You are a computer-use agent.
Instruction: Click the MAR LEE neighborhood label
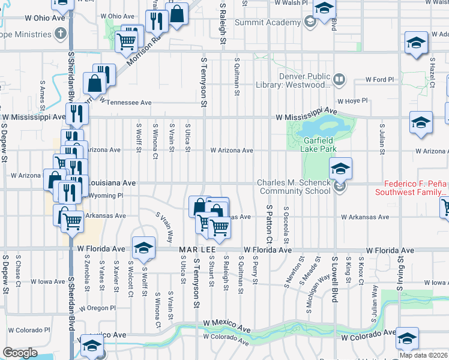pos(194,249)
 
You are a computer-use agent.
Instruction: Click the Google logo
pos(20,353)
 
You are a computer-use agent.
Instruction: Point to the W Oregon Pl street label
pos(97,308)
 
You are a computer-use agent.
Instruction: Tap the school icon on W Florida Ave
pos(144,247)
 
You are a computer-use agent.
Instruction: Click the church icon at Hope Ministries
pos(60,33)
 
